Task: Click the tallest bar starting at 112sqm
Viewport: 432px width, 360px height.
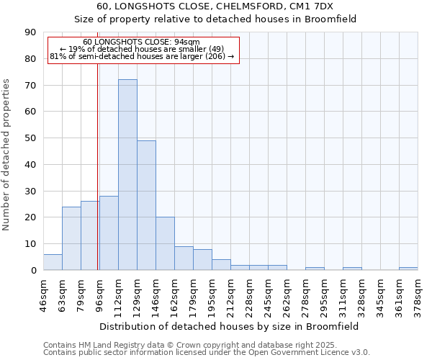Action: click(127, 175)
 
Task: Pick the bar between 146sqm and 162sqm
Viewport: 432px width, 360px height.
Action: click(165, 243)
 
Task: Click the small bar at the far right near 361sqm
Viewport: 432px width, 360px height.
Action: click(408, 269)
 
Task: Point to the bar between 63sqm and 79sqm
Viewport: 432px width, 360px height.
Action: click(71, 238)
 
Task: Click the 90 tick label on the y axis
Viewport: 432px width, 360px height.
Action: click(30, 32)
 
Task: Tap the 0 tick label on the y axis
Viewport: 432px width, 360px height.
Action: click(33, 270)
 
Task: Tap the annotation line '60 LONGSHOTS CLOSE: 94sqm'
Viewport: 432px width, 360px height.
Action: click(141, 42)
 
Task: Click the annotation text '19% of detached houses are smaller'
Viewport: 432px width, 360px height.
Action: click(141, 49)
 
